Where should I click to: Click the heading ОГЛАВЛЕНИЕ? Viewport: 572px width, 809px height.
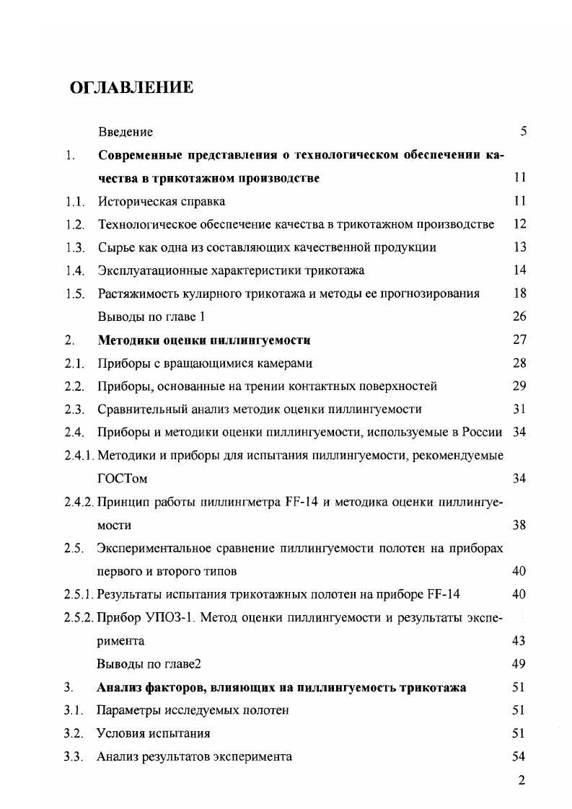pos(131,88)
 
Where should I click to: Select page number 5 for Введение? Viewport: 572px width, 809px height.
pos(523,131)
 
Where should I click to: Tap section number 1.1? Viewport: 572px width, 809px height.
pos(74,201)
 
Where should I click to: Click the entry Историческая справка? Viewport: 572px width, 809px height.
pos(162,201)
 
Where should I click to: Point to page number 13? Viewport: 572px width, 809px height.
pos(519,247)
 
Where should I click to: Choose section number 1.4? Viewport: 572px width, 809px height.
pos(74,270)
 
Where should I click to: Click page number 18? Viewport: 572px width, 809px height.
pos(519,293)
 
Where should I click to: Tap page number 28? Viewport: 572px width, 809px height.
pos(519,363)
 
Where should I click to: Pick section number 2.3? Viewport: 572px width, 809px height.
pos(74,409)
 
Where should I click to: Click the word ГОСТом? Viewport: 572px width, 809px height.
pos(123,478)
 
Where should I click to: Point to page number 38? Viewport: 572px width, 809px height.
pos(519,525)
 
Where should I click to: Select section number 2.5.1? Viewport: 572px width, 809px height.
pos(79,594)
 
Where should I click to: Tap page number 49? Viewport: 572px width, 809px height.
pos(519,663)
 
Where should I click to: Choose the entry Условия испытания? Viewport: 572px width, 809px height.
pos(154,733)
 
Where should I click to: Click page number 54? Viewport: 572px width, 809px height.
pos(519,756)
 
